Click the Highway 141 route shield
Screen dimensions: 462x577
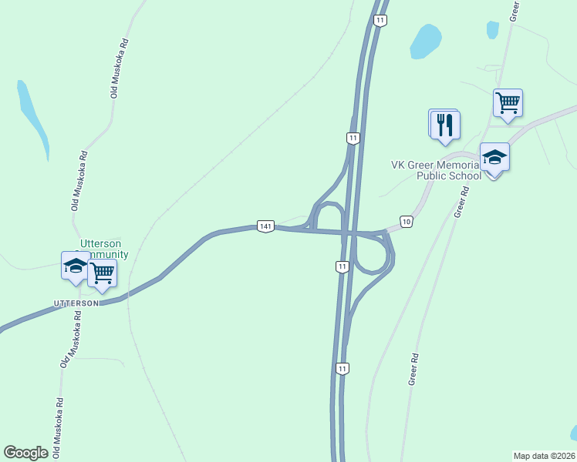click(x=265, y=226)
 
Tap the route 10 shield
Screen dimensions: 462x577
click(x=407, y=222)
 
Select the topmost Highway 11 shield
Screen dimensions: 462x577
click(x=380, y=21)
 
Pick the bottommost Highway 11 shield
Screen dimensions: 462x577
click(x=342, y=369)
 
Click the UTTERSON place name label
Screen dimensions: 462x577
click(x=76, y=303)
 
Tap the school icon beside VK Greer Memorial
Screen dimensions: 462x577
click(x=494, y=158)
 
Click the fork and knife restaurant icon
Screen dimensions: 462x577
click(x=444, y=125)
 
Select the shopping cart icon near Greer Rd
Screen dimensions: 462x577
click(x=508, y=102)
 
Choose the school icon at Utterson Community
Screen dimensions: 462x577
click(x=76, y=266)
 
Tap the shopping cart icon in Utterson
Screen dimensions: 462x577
click(x=102, y=273)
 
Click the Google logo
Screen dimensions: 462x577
click(x=25, y=452)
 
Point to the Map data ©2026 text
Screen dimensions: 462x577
click(x=544, y=455)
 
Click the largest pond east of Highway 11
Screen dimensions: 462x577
click(x=425, y=42)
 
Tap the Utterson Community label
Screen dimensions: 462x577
click(x=104, y=248)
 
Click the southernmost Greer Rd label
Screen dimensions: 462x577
click(x=413, y=369)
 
